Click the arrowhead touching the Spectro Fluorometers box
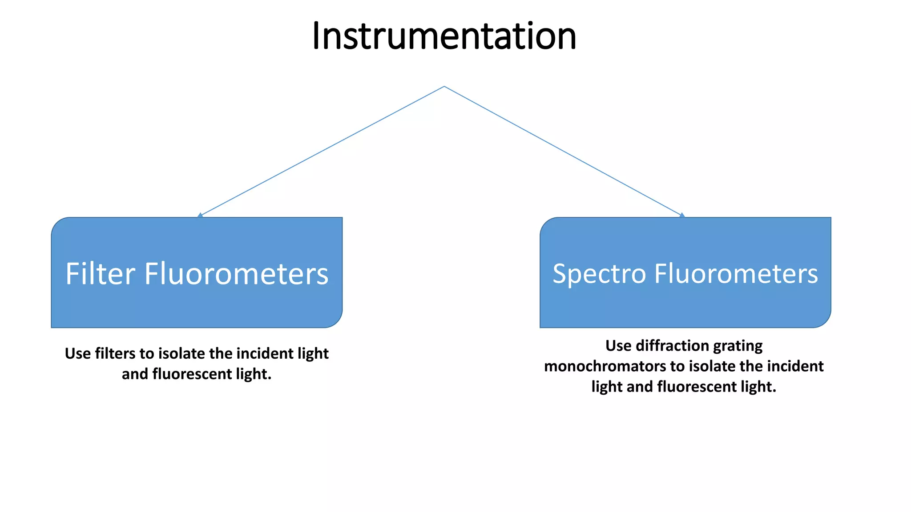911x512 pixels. (682, 215)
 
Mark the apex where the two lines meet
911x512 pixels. (444, 87)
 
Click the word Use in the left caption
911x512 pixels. (78, 353)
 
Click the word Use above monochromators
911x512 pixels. (618, 345)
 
